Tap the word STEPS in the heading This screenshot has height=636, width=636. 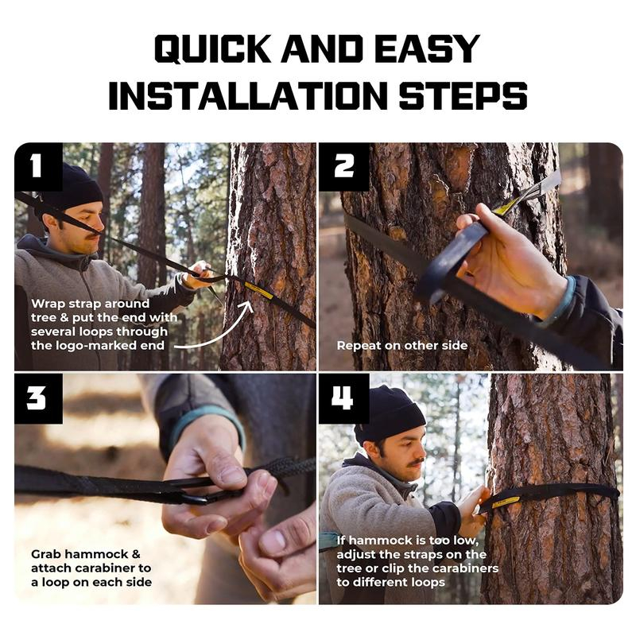click(x=463, y=95)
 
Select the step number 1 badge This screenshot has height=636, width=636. click(x=38, y=167)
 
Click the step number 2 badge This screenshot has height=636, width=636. click(x=344, y=167)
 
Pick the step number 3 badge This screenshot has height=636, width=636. click(x=38, y=399)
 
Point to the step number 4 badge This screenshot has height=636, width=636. click(x=344, y=399)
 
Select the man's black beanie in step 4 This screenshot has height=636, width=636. click(x=390, y=413)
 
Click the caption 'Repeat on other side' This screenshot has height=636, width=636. click(x=402, y=346)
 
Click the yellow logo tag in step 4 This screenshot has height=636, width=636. click(x=506, y=502)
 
